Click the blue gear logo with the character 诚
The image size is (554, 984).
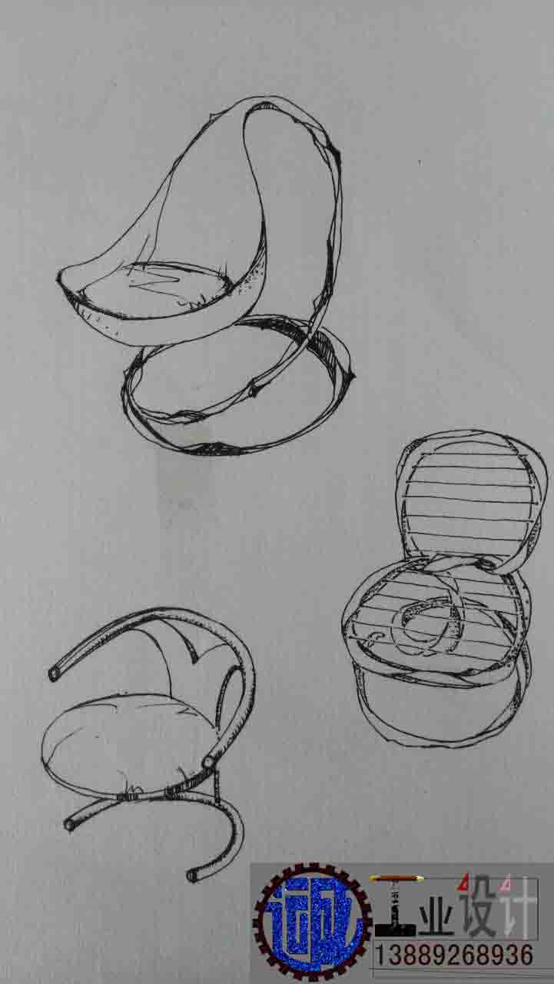click(313, 924)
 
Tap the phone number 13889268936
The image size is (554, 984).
click(454, 956)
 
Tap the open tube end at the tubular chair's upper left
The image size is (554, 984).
click(54, 674)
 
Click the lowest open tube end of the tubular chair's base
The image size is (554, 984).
click(192, 876)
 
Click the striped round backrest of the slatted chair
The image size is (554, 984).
click(470, 504)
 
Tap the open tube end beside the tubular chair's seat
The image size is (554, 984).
click(208, 762)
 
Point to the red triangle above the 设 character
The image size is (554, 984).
click(463, 881)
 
